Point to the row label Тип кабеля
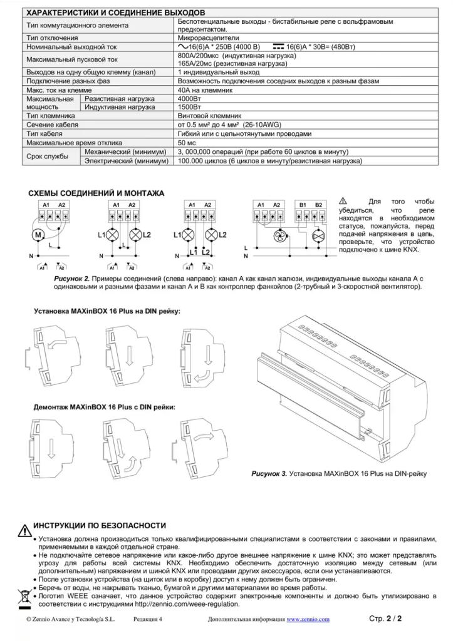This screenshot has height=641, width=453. click(x=49, y=134)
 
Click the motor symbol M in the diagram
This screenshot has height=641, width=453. click(x=37, y=235)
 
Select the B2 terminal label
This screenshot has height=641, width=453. click(x=318, y=205)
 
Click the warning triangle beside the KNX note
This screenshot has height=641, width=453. click(x=342, y=200)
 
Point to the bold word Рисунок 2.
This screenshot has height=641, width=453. click(x=69, y=277)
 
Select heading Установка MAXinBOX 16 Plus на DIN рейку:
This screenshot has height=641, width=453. click(x=107, y=311)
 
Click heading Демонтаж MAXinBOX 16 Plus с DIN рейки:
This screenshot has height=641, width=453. click(x=104, y=408)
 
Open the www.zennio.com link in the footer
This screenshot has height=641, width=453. click(x=308, y=620)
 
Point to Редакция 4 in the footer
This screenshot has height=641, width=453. click(x=148, y=620)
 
